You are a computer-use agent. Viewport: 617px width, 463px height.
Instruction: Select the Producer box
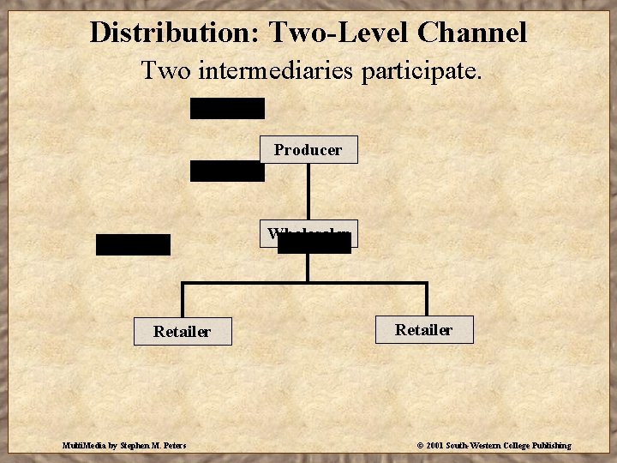point(308,149)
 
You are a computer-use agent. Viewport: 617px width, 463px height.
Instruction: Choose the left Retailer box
point(182,331)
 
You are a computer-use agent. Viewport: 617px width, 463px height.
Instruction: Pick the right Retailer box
point(424,329)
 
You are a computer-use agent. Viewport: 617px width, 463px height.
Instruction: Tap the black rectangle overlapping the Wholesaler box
point(314,244)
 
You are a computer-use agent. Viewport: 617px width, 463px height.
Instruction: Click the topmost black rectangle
point(227,108)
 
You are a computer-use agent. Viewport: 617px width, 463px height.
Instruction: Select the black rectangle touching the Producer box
point(227,171)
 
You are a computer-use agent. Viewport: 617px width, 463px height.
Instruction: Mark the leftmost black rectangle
point(133,244)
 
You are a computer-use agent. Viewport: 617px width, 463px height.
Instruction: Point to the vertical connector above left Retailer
point(183,300)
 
